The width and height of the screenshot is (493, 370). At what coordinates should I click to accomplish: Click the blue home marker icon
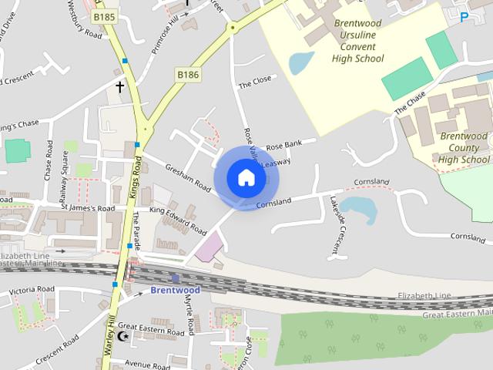point(246,178)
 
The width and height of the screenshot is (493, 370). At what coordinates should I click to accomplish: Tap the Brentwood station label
point(175,291)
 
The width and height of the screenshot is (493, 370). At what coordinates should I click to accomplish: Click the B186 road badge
point(187,74)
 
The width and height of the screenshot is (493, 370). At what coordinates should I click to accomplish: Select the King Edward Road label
point(178,220)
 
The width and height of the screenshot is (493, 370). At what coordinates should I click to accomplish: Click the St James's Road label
point(88,208)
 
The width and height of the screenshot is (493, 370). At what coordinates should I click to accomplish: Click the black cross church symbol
point(119,87)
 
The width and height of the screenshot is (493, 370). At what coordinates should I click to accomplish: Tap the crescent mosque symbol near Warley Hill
point(122,336)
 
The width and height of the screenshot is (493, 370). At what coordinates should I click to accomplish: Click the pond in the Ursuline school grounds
point(300,62)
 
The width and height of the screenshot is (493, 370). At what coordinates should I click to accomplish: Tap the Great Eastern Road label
point(151,328)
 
